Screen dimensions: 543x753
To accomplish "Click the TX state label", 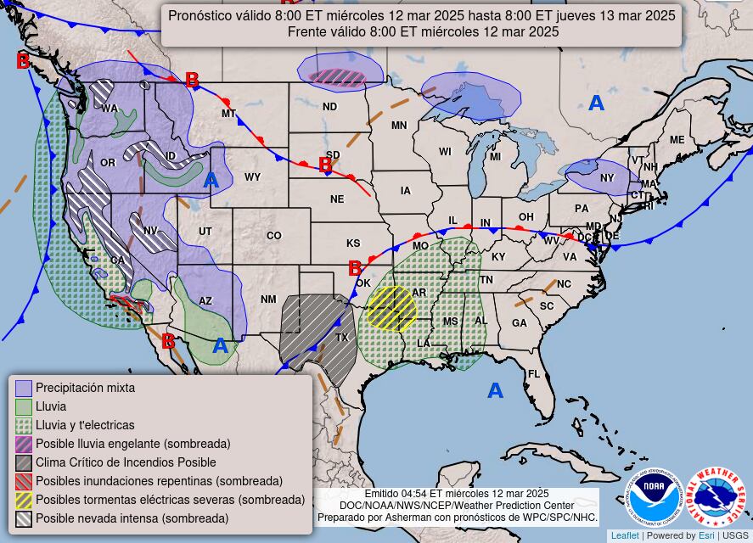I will (x=342, y=338).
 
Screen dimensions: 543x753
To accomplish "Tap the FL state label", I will (x=534, y=374).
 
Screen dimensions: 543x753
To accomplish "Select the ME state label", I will (x=677, y=140).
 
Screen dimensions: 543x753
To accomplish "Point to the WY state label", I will (x=252, y=177).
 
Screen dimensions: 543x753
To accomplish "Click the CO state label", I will (x=273, y=236).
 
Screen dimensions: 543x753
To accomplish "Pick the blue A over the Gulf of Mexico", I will (x=495, y=391).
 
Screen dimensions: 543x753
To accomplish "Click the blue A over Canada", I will (x=597, y=104).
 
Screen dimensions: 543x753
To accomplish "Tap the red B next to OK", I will (x=355, y=269).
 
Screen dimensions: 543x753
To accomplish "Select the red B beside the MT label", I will (x=192, y=81).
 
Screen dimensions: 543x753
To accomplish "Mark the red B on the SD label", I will (x=324, y=165).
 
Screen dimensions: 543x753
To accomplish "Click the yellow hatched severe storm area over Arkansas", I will (x=391, y=308).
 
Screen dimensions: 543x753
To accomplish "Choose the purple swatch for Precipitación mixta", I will (x=24, y=388).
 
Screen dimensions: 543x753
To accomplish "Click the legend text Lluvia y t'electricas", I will (x=85, y=425).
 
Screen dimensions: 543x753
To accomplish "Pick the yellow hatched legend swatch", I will (x=24, y=500).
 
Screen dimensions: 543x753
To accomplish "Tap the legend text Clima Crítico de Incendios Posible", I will (x=126, y=462).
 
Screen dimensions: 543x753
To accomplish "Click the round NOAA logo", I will (x=655, y=498).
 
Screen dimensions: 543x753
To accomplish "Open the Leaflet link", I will (x=625, y=535).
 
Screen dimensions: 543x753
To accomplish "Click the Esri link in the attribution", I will (x=706, y=535).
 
